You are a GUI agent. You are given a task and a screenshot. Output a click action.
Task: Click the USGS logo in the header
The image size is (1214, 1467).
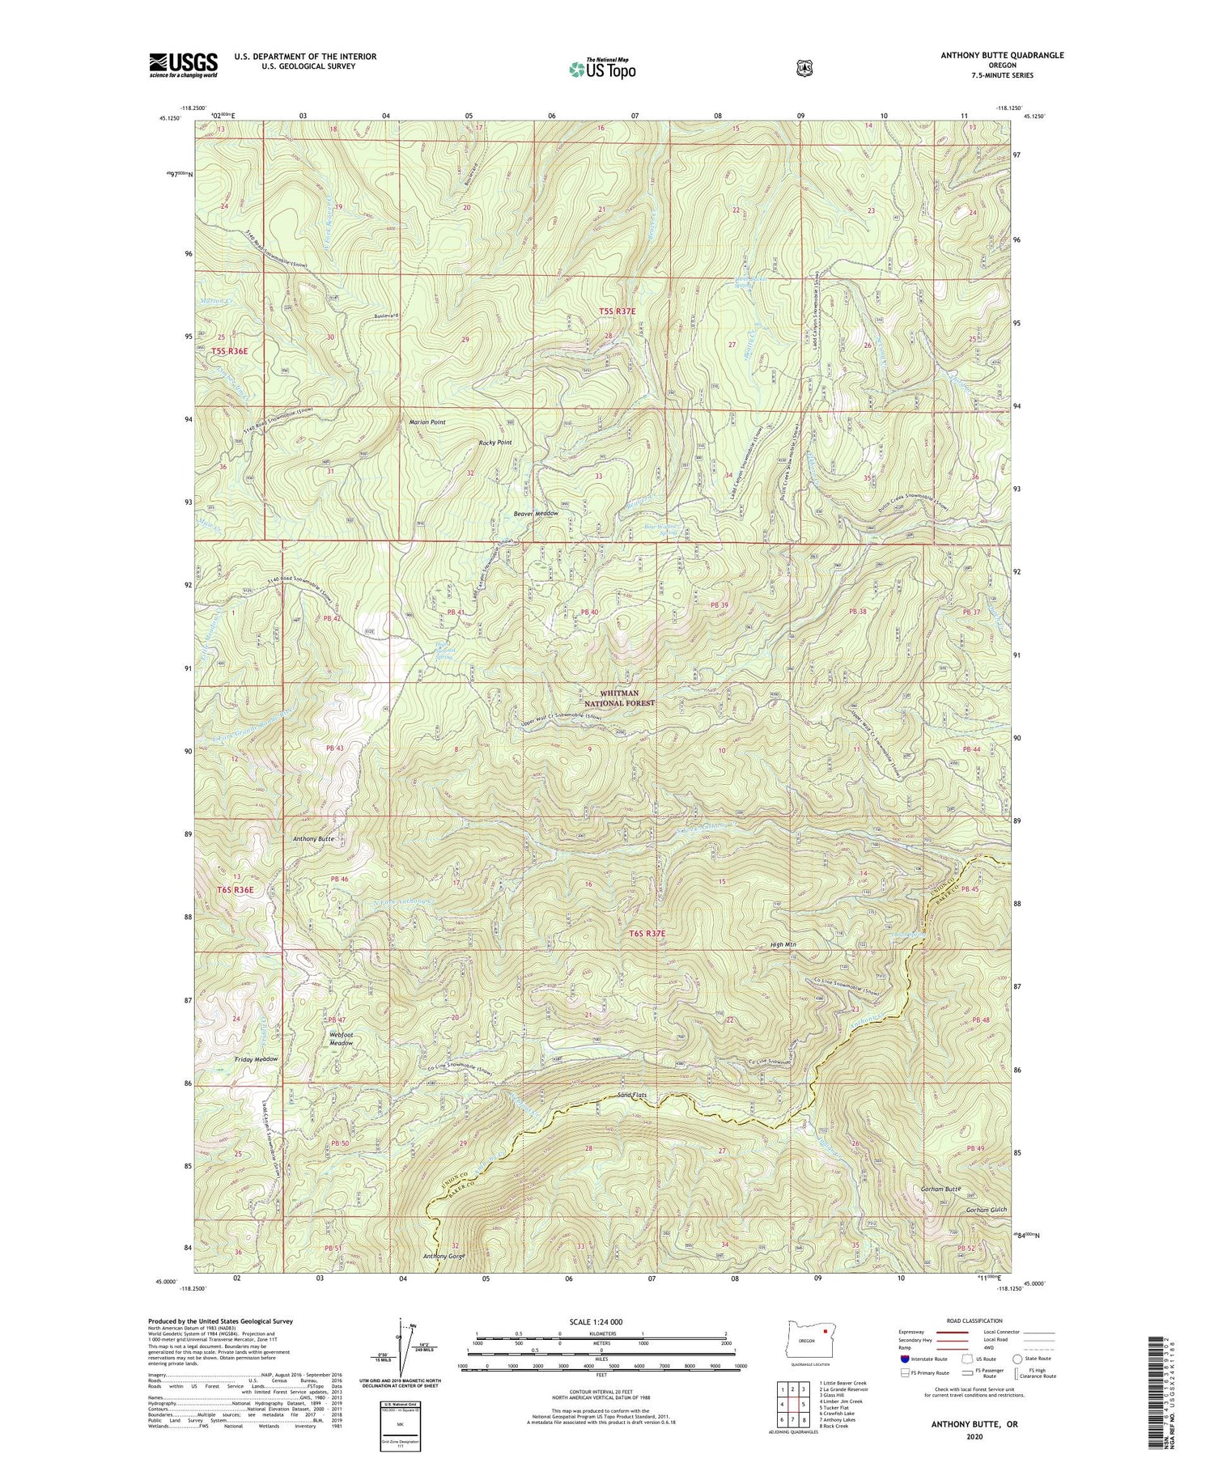[x=184, y=65]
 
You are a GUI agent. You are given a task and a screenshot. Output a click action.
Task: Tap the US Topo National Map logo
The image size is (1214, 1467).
[x=602, y=69]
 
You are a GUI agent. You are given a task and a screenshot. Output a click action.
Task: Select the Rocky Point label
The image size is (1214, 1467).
[x=495, y=443]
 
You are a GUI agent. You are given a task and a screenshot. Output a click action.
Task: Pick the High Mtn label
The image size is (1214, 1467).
[x=785, y=944]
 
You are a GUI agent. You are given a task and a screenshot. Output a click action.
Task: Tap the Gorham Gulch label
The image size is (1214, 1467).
[x=986, y=1210]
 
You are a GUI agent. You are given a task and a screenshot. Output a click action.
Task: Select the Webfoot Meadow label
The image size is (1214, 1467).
[x=342, y=1039]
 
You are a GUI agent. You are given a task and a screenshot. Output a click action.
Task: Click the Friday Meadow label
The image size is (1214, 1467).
[x=256, y=1059]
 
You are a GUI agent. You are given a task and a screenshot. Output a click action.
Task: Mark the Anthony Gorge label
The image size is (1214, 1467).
[x=444, y=1256]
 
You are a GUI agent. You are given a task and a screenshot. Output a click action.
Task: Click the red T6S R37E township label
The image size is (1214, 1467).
[x=647, y=934]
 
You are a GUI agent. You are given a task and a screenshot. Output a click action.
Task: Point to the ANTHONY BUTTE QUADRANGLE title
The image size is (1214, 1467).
[x=1001, y=55]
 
